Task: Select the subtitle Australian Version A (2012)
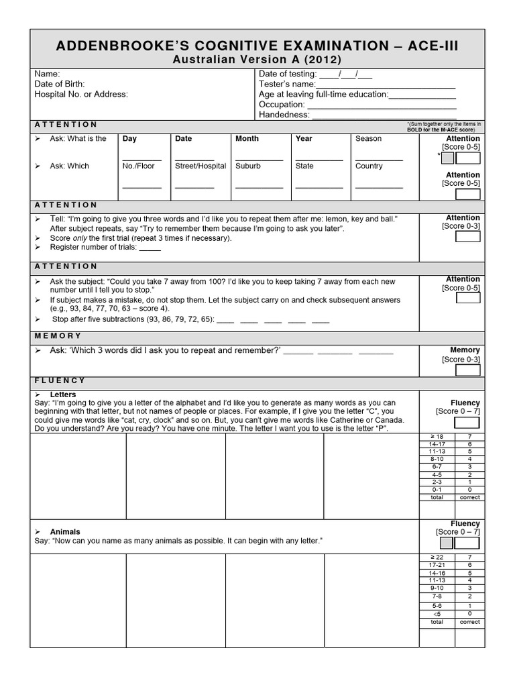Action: coord(257,60)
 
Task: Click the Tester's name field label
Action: coord(286,84)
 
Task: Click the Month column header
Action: coord(247,139)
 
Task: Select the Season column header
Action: coord(368,139)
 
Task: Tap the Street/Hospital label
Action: coord(201,166)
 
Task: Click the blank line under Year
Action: coord(319,160)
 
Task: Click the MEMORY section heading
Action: coord(57,335)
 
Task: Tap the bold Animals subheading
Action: coord(65,531)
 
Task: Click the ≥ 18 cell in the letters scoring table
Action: coord(437,437)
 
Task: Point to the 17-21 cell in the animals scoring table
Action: coord(437,565)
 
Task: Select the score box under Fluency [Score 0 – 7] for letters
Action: coord(467,423)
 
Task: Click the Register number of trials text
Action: coord(93,247)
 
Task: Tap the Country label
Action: coord(369,166)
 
